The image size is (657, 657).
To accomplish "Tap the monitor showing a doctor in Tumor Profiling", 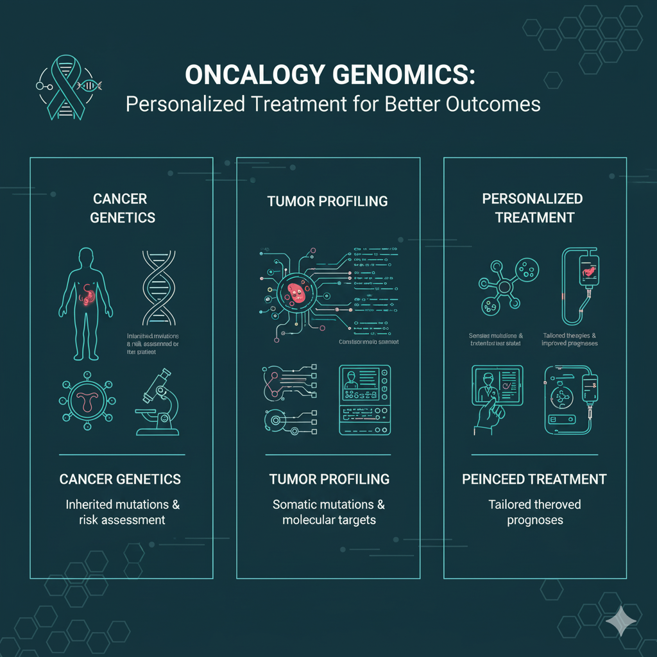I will point(364,400).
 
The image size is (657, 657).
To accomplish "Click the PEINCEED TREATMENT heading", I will point(534,479).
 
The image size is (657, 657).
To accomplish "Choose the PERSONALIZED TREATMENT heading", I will point(533,208).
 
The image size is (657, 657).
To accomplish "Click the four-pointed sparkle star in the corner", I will point(617,619).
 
